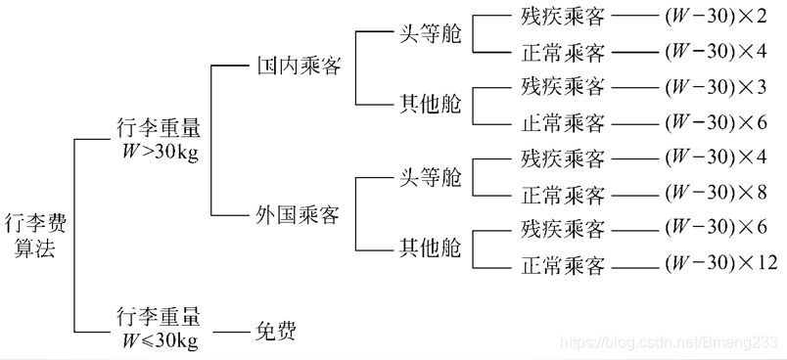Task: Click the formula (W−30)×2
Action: point(715,17)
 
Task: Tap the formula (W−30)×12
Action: point(719,263)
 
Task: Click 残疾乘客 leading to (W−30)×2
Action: point(563,17)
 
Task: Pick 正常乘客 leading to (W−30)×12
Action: point(563,265)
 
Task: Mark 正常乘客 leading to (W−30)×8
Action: point(563,192)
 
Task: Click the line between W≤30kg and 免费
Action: point(231,333)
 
